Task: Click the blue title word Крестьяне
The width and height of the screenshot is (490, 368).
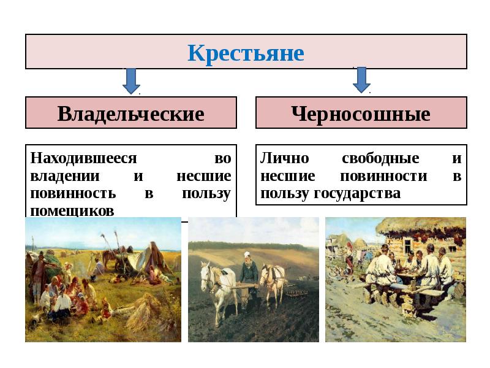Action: pyautogui.click(x=246, y=53)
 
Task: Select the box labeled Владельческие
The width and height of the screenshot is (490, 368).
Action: pyautogui.click(x=131, y=113)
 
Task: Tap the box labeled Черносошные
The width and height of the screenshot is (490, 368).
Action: pyautogui.click(x=361, y=113)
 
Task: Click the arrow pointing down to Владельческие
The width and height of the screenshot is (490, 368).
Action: pyautogui.click(x=131, y=81)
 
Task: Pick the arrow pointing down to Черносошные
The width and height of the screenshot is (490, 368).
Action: pyautogui.click(x=361, y=80)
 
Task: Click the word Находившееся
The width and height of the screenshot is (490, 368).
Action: pyautogui.click(x=83, y=158)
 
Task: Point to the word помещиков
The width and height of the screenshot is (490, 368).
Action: pyautogui.click(x=72, y=211)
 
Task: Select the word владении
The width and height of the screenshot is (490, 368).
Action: pyautogui.click(x=65, y=176)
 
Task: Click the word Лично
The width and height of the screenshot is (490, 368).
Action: pyautogui.click(x=285, y=158)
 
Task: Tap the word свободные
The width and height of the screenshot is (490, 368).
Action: pyautogui.click(x=380, y=158)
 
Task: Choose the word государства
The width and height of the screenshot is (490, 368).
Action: pyautogui.click(x=357, y=193)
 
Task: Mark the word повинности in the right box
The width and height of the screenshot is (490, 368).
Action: pyautogui.click(x=384, y=176)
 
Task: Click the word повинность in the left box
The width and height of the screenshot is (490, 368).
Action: pyautogui.click(x=73, y=193)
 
